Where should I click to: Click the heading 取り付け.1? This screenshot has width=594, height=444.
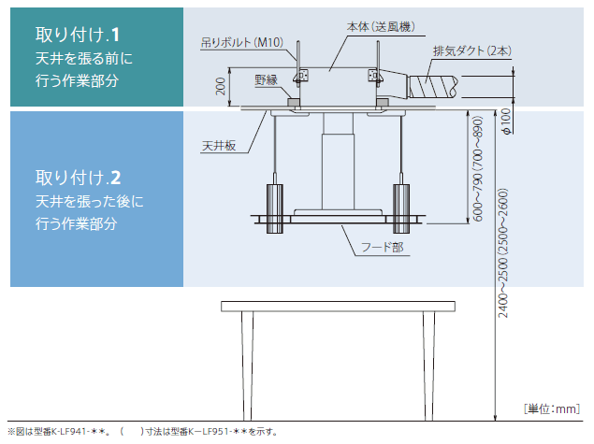pyautogui.click(x=78, y=36)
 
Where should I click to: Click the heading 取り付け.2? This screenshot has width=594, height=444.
pyautogui.click(x=78, y=176)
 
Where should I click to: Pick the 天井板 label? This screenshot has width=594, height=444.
pyautogui.click(x=217, y=147)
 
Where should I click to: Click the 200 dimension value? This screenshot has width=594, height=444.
pyautogui.click(x=220, y=87)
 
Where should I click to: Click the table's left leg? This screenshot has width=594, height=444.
pyautogui.click(x=248, y=360)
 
